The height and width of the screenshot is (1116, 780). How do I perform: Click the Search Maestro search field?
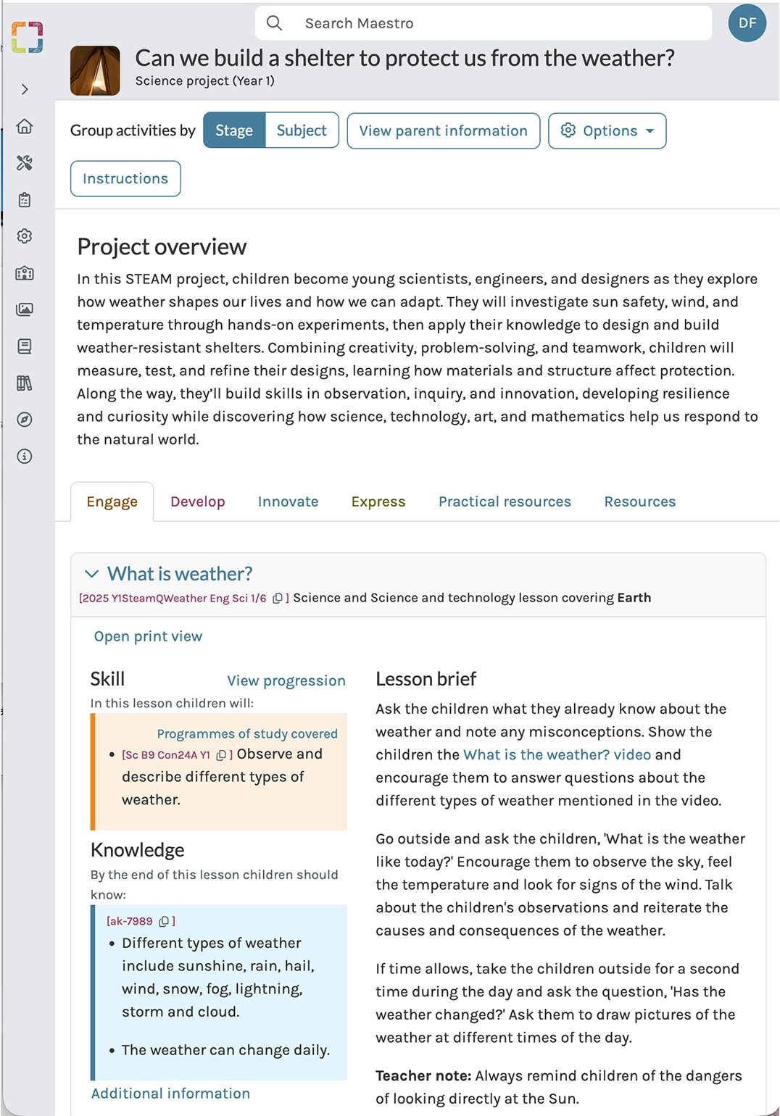[483, 23]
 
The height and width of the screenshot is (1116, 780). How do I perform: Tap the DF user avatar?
[747, 23]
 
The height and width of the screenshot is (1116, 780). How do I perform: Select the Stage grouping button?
[234, 130]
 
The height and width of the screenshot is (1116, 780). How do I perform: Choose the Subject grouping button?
[302, 130]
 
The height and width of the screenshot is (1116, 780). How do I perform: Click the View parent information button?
[443, 130]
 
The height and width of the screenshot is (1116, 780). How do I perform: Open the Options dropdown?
[607, 130]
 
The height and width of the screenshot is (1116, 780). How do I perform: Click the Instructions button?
[125, 178]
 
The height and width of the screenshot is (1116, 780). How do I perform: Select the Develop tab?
[197, 501]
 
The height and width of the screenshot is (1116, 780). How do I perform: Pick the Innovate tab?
[288, 501]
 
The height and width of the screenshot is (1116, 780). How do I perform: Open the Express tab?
[378, 501]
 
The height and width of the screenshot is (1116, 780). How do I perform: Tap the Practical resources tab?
[505, 501]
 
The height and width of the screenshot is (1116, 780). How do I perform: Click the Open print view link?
[148, 636]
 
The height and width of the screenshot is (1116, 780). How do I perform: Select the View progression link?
[286, 680]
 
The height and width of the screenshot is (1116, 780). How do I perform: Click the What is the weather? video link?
[557, 754]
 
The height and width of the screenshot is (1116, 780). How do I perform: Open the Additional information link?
[170, 1094]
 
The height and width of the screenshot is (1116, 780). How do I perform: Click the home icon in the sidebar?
[25, 126]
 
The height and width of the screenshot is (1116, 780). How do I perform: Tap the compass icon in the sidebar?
[25, 420]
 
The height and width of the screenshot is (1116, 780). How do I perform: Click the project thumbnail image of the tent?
[95, 71]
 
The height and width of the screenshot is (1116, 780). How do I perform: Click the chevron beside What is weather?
[91, 574]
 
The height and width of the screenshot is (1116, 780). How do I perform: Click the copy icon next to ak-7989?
[164, 921]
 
